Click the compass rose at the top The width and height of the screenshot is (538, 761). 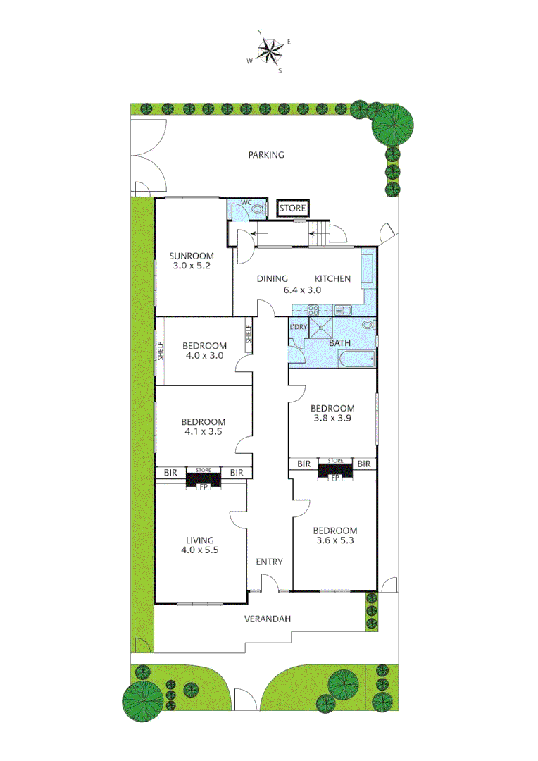pyautogui.click(x=269, y=50)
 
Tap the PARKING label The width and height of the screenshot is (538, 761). pyautogui.click(x=266, y=155)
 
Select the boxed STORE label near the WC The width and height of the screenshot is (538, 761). pyautogui.click(x=293, y=209)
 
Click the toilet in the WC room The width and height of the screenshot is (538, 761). pyautogui.click(x=258, y=209)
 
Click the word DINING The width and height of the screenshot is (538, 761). pyautogui.click(x=272, y=279)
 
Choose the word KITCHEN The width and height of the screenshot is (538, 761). pyautogui.click(x=332, y=279)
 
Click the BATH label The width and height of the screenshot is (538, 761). pyautogui.click(x=339, y=343)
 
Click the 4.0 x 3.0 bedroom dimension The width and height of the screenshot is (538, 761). pyautogui.click(x=204, y=356)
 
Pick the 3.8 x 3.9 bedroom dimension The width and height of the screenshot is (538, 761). pyautogui.click(x=333, y=419)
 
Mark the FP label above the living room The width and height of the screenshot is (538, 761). pyautogui.click(x=204, y=486)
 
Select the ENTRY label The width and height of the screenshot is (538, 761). pyautogui.click(x=270, y=562)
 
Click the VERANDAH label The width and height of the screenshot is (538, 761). pyautogui.click(x=268, y=619)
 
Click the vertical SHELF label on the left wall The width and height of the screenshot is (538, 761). pyautogui.click(x=161, y=349)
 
